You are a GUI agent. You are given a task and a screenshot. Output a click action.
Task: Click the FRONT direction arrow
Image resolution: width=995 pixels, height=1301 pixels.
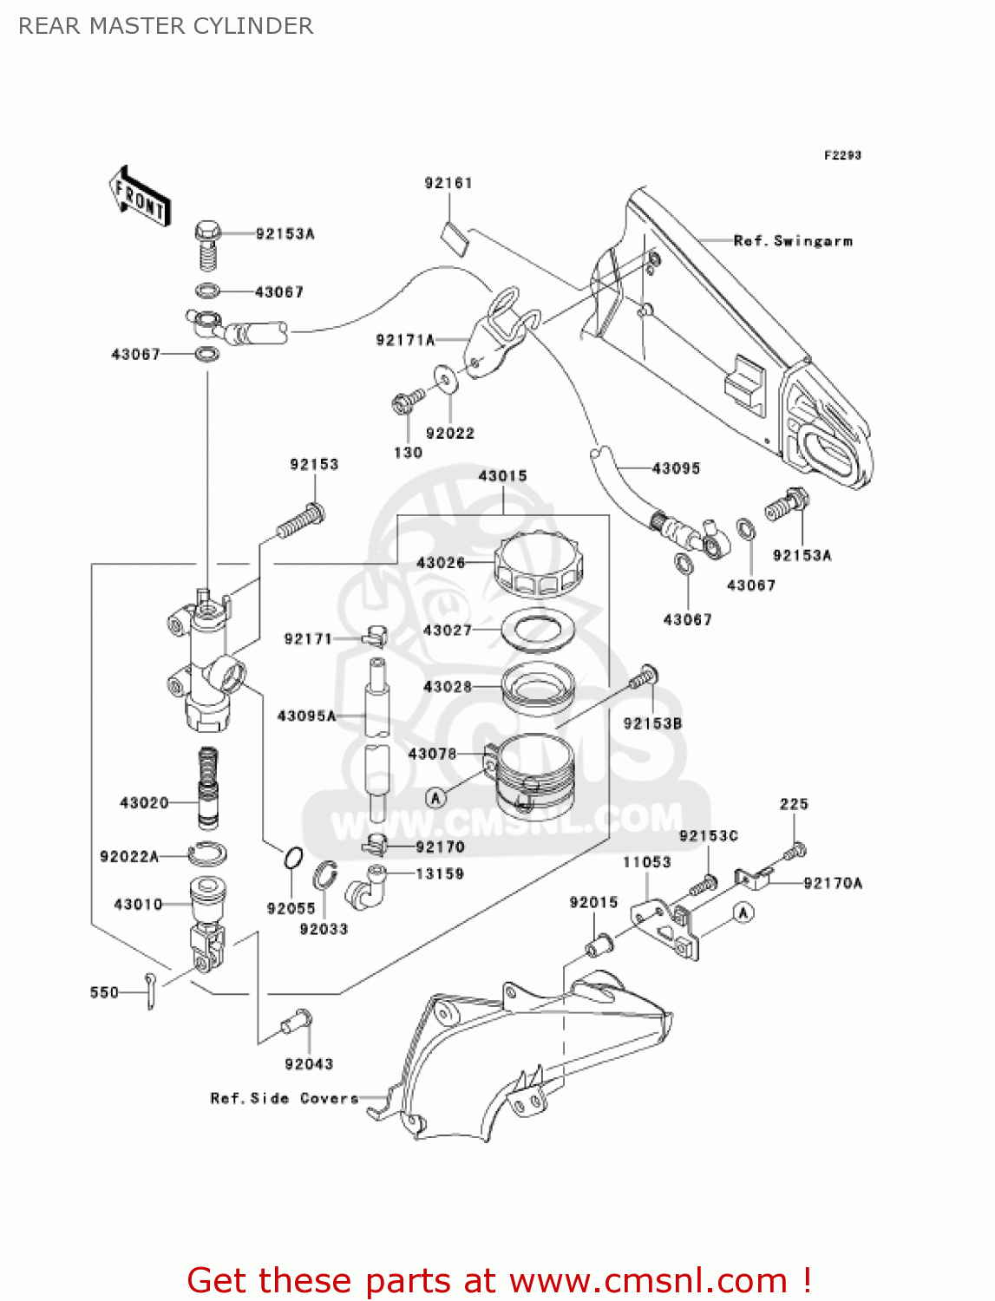(139, 197)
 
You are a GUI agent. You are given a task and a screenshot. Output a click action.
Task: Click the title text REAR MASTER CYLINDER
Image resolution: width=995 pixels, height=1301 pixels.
(166, 26)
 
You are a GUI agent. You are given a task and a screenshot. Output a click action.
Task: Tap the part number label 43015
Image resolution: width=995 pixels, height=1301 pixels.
(502, 475)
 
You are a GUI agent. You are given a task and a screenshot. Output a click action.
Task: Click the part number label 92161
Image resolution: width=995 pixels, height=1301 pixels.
(448, 183)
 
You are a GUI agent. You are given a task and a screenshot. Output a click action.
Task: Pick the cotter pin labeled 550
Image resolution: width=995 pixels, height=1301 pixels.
(151, 990)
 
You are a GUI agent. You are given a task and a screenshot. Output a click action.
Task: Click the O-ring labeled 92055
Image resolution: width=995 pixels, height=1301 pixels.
(293, 859)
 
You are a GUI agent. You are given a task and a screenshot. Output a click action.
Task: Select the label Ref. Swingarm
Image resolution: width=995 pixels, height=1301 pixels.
(793, 241)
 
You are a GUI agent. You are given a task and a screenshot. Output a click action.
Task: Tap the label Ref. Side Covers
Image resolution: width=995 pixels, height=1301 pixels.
(285, 1098)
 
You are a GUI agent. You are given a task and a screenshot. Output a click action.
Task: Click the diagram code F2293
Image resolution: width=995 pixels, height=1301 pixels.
(842, 155)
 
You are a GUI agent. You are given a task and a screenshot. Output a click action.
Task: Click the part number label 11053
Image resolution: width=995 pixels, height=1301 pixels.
(646, 861)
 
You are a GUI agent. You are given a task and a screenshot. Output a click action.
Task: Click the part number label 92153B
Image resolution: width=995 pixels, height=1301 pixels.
(652, 723)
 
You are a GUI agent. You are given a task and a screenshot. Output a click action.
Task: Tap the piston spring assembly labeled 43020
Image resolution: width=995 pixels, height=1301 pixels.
(207, 788)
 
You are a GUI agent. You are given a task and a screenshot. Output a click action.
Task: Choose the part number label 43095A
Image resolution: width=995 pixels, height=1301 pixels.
(306, 716)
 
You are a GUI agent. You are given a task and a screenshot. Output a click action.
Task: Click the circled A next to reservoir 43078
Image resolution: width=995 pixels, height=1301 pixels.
(435, 797)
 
